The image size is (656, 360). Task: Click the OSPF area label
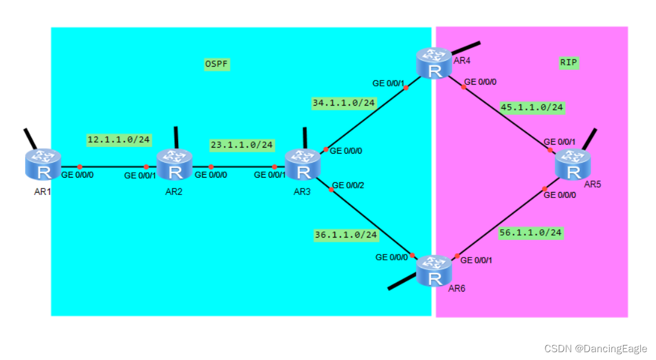217,64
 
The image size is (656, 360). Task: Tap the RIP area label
568,62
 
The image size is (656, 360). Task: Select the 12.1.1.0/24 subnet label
119,140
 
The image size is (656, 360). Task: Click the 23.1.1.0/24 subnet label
242,145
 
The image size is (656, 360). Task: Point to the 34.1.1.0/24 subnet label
343,103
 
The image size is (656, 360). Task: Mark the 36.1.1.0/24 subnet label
346,235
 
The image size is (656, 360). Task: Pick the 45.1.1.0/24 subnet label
532,107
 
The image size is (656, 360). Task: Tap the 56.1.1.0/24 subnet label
531,232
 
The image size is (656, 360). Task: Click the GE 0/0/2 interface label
348,185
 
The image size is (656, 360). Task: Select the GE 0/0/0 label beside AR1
78,176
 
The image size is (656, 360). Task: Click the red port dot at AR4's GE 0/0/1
406,88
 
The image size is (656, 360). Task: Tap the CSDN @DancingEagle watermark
595,349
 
